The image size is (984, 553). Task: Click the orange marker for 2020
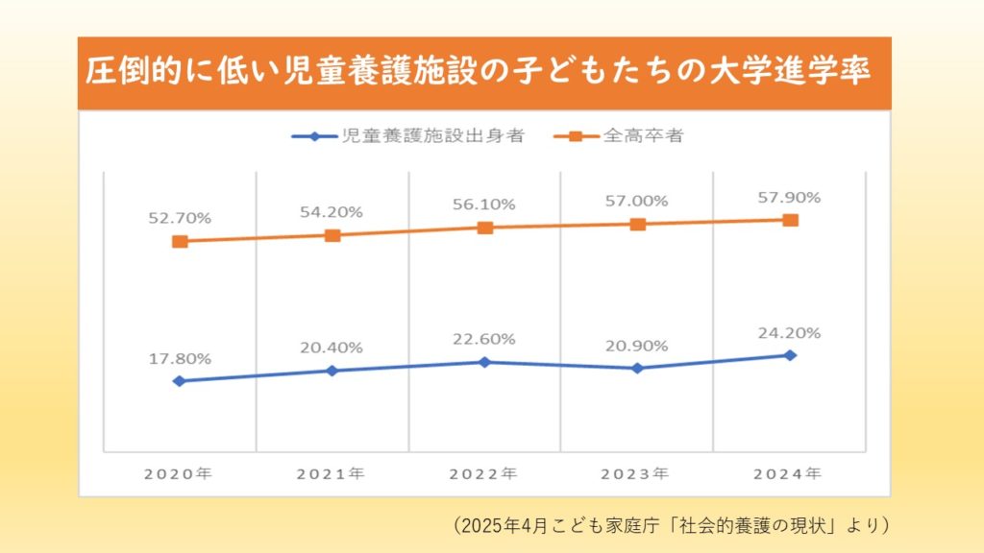(x=180, y=241)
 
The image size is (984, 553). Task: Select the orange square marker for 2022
(x=485, y=228)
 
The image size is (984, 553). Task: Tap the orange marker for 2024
(x=790, y=220)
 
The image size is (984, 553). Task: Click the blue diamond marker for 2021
(x=332, y=371)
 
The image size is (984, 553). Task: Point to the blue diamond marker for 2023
(x=637, y=368)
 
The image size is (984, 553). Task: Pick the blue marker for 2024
(x=790, y=355)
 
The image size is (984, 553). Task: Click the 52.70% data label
(x=180, y=218)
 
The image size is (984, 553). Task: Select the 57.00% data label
(x=637, y=202)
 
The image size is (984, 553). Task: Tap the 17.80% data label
(x=180, y=358)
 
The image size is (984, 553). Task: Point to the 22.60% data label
(x=485, y=339)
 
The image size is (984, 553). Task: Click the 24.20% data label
(x=790, y=333)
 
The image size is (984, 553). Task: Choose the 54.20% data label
(x=332, y=212)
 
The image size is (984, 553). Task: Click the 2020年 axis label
(x=180, y=473)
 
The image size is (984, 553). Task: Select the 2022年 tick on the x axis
(x=485, y=473)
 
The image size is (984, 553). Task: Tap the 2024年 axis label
(x=790, y=473)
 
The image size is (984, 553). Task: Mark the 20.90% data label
(x=637, y=345)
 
